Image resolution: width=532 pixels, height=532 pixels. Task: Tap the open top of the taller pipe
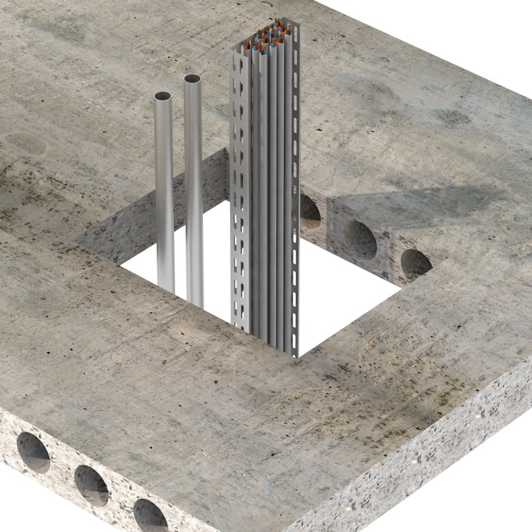point(194,79)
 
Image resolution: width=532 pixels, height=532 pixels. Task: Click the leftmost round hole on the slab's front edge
point(32,452)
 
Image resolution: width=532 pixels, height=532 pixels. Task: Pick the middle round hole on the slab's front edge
point(91,484)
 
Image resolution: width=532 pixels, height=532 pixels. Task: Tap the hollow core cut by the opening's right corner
point(414,264)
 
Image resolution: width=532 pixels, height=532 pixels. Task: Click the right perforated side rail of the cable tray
point(295,194)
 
